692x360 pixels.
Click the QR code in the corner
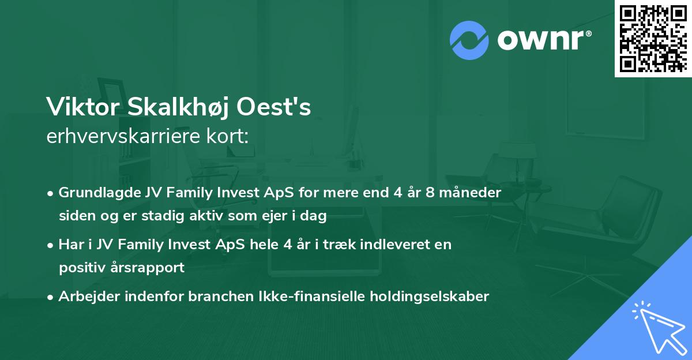[653, 38]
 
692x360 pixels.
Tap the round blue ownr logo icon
[469, 40]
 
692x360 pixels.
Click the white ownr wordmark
[543, 40]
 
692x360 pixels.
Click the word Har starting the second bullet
[69, 244]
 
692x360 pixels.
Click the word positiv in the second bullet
[81, 268]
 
